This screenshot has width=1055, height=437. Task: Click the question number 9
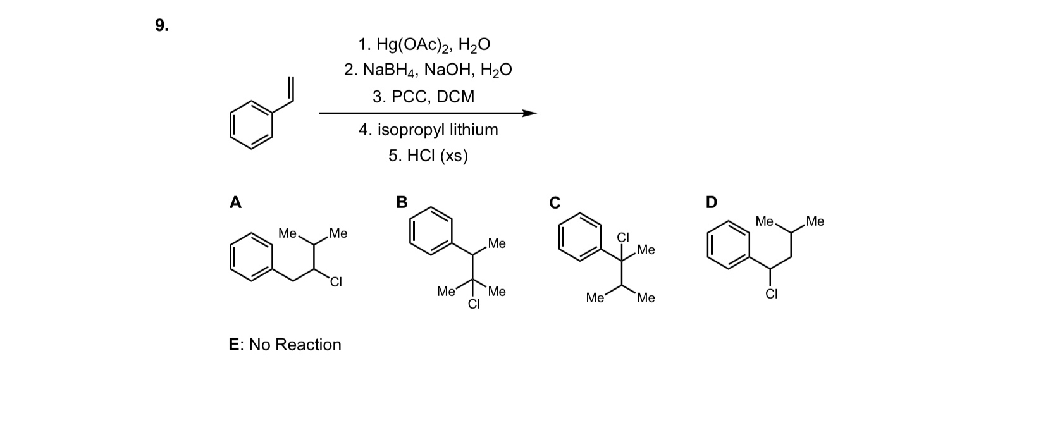coord(161,26)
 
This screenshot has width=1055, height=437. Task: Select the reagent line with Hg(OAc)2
coord(423,44)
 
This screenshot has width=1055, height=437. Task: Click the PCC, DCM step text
coord(423,97)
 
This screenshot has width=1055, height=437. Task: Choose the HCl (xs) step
coord(428,156)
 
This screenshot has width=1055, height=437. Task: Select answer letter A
coord(235,202)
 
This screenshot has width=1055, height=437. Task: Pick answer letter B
coord(402,202)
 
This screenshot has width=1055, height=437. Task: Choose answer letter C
coord(555,202)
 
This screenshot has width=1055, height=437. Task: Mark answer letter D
coord(712,202)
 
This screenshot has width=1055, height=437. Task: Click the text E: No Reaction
coord(285,345)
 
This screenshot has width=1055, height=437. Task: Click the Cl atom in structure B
coord(474,305)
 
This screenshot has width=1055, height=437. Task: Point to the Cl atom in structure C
coord(623,238)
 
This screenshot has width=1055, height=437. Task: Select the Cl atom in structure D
coord(771,294)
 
